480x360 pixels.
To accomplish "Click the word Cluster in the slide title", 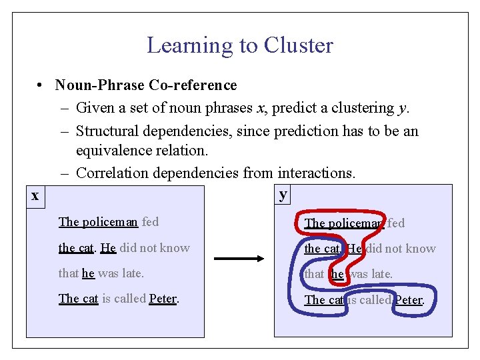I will coord(298,45).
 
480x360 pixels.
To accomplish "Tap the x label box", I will coord(35,195).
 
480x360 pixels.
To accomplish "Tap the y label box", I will coord(283,194).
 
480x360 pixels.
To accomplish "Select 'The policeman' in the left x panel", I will coord(98,222).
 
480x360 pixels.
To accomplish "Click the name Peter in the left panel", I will coord(163,299).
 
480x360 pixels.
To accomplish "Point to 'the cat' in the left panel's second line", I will coord(75,248).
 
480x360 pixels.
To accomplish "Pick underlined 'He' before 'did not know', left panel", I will coord(108,248).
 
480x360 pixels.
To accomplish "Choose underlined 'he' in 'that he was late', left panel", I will coord(88,273).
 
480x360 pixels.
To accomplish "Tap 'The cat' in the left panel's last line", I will coord(78,299).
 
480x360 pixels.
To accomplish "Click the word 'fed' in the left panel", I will coord(150,222).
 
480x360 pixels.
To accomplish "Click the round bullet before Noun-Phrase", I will coord(41,85).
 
